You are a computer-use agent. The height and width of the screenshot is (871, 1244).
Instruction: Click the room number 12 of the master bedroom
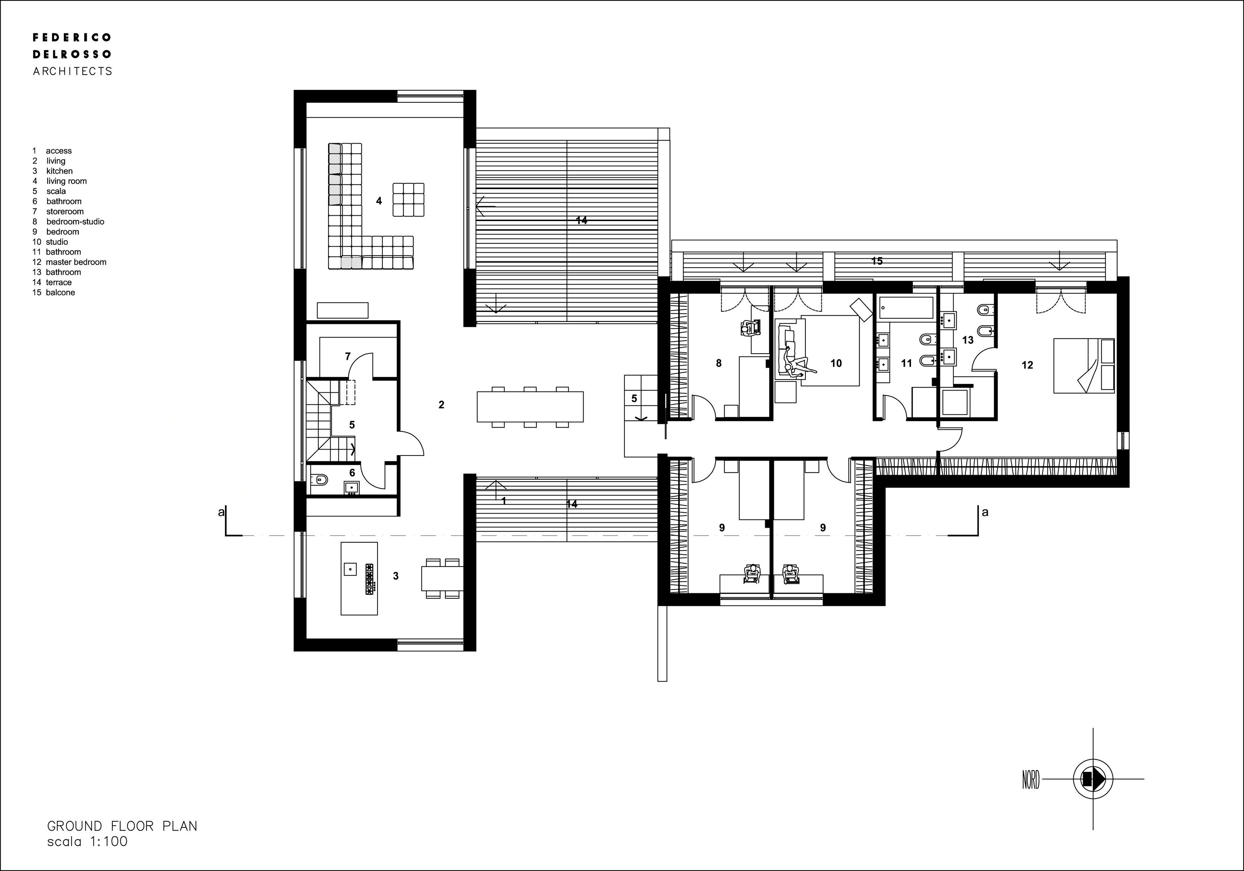(x=1027, y=365)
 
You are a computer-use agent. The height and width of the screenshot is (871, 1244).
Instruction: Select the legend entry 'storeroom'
(x=65, y=211)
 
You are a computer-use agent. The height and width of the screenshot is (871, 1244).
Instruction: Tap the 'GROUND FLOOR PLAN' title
(x=123, y=826)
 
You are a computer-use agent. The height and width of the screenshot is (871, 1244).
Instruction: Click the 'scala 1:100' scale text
(x=87, y=842)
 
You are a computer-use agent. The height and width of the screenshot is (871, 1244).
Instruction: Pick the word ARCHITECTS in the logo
(x=73, y=71)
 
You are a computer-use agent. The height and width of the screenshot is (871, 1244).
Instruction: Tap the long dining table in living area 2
(x=530, y=406)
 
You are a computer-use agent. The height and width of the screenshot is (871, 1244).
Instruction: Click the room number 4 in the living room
(x=379, y=201)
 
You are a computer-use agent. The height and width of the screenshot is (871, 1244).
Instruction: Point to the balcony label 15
(x=876, y=261)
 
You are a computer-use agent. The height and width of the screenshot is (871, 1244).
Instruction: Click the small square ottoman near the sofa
(x=408, y=200)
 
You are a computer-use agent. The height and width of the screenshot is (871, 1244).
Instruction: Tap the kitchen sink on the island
(x=350, y=569)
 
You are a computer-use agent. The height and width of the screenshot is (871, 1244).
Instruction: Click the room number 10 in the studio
(x=836, y=364)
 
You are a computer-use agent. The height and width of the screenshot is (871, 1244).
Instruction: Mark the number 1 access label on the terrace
(x=504, y=501)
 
